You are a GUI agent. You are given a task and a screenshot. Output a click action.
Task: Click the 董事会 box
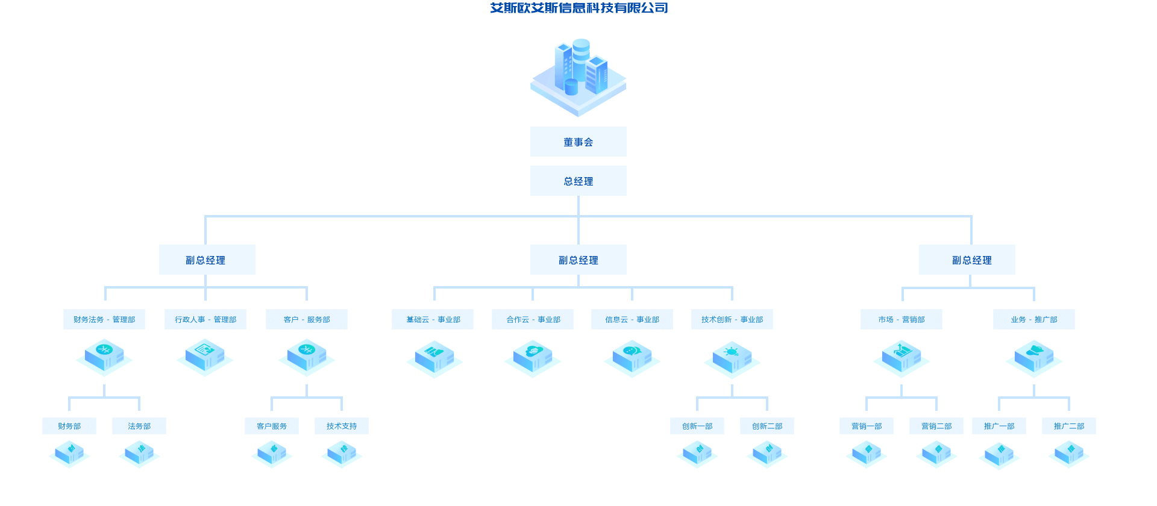click(578, 142)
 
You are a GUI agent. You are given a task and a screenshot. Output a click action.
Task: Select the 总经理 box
click(578, 181)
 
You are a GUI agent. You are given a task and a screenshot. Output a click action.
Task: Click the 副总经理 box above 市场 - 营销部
click(967, 260)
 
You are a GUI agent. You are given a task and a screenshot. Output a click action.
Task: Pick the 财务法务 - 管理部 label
click(104, 319)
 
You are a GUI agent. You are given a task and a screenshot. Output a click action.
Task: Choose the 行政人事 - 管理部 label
click(205, 319)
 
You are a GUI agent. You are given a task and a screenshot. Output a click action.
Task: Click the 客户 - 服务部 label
click(307, 319)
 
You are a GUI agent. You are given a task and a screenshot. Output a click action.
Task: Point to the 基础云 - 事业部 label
click(433, 319)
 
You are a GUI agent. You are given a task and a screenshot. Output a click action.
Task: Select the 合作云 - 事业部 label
click(533, 319)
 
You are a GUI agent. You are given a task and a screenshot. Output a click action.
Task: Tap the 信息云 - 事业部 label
click(632, 319)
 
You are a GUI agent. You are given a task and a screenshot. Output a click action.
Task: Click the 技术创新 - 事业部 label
click(732, 319)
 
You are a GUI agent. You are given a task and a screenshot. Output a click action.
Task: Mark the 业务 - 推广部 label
click(1034, 319)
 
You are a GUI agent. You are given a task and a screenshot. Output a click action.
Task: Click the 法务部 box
click(139, 426)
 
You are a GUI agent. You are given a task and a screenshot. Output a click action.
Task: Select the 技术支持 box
click(342, 426)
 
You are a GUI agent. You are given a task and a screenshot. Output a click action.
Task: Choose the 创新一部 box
click(697, 426)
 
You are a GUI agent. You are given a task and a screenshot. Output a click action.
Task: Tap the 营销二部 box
click(936, 426)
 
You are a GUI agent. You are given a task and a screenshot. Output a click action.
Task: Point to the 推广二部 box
click(1069, 426)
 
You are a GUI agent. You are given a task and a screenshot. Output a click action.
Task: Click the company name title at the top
click(579, 8)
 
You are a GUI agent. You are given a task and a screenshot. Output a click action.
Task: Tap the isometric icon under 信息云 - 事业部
click(632, 359)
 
